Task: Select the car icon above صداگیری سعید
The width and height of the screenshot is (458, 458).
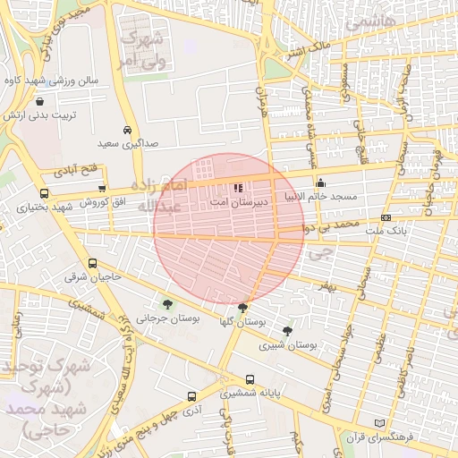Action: pyautogui.click(x=127, y=129)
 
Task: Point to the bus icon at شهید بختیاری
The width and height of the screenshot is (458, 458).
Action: pyautogui.click(x=45, y=193)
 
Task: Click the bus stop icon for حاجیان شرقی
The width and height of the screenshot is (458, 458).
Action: pyautogui.click(x=93, y=264)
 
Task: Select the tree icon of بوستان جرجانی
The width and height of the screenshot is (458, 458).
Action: pyautogui.click(x=167, y=305)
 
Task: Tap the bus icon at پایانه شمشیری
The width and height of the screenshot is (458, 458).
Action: pyautogui.click(x=249, y=379)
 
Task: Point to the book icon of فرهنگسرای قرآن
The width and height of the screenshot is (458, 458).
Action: pyautogui.click(x=381, y=422)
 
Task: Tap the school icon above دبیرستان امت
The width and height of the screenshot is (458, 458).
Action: pyautogui.click(x=237, y=189)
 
